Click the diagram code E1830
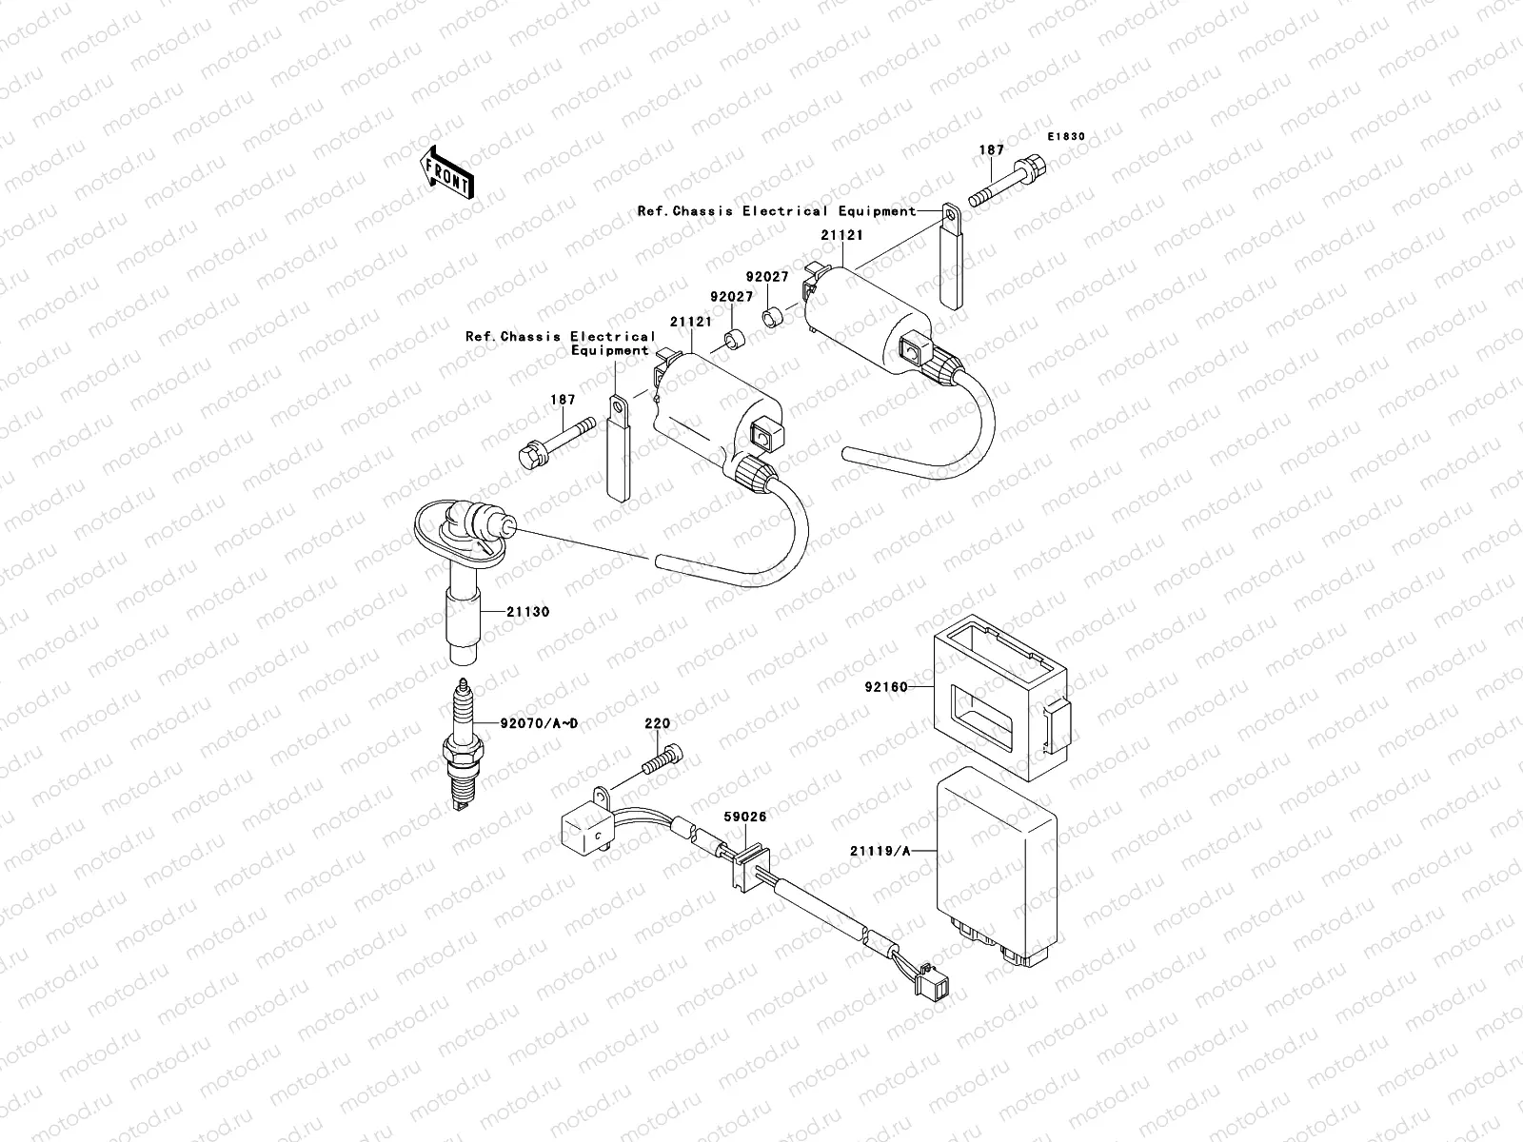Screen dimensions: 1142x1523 (1066, 137)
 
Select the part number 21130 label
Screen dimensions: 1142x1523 (528, 612)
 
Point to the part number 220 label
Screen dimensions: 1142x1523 (657, 750)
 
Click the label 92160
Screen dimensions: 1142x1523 (885, 686)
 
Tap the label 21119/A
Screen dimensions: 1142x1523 (880, 852)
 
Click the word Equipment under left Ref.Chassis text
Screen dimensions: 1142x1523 (609, 350)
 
